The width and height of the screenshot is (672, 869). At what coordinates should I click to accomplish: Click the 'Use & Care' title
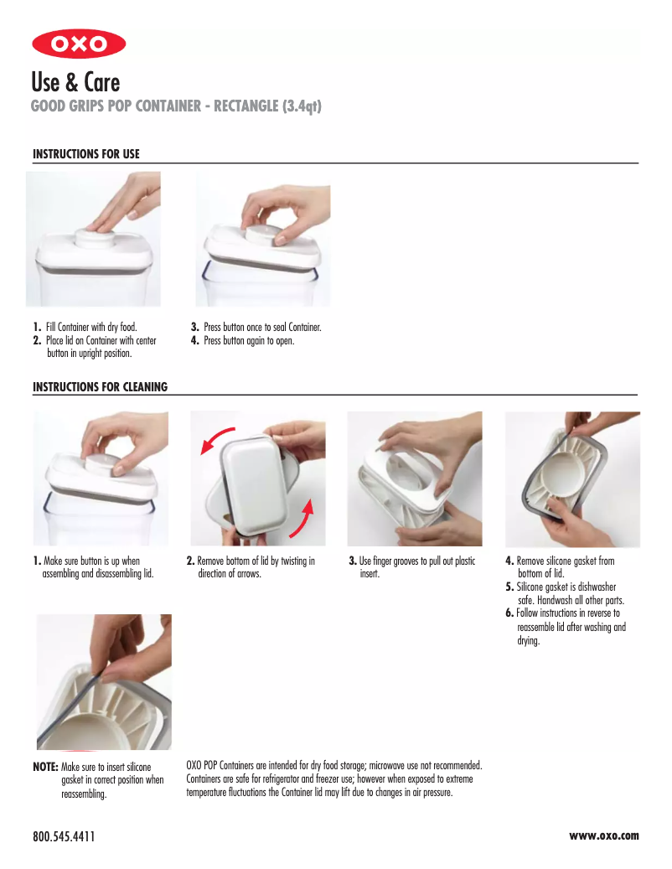75,82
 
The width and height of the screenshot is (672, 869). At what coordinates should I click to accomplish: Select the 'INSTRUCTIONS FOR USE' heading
85,154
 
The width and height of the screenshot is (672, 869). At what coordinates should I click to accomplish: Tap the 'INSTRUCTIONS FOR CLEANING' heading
100,386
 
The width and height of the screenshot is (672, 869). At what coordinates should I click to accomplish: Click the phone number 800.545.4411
64,836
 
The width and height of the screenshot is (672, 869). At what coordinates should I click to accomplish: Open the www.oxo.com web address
603,835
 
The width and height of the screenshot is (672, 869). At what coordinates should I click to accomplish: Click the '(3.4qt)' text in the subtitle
302,106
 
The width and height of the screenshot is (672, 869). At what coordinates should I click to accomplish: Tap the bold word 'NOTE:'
45,767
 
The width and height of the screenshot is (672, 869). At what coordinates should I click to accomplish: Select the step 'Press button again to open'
248,340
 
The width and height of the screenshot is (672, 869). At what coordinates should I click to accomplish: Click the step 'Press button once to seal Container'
261,327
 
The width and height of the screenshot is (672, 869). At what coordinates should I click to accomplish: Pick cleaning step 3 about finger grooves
416,567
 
